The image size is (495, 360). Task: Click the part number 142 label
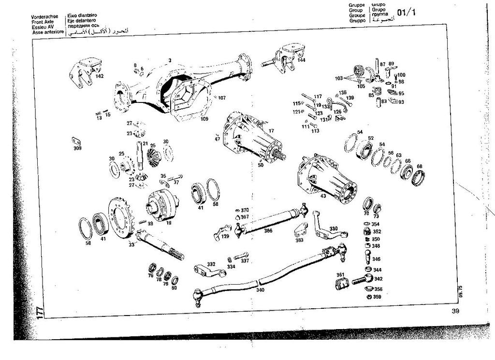tap(99, 76)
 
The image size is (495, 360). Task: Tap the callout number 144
tap(301, 60)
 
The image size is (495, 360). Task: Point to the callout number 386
tap(268, 230)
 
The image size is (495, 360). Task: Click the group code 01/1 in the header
tap(406, 12)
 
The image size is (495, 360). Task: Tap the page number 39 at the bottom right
tap(455, 311)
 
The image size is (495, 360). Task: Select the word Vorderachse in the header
tap(45, 16)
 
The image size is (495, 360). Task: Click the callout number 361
tap(340, 275)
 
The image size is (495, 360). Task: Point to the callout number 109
tap(204, 118)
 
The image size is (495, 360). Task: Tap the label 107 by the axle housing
tap(221, 98)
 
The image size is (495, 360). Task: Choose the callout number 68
tap(419, 167)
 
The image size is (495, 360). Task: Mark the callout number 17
tap(271, 130)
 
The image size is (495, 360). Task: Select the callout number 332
tap(211, 265)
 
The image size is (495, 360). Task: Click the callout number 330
tap(334, 229)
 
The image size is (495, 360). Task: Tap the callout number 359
tap(377, 297)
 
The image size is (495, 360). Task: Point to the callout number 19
tap(168, 223)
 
